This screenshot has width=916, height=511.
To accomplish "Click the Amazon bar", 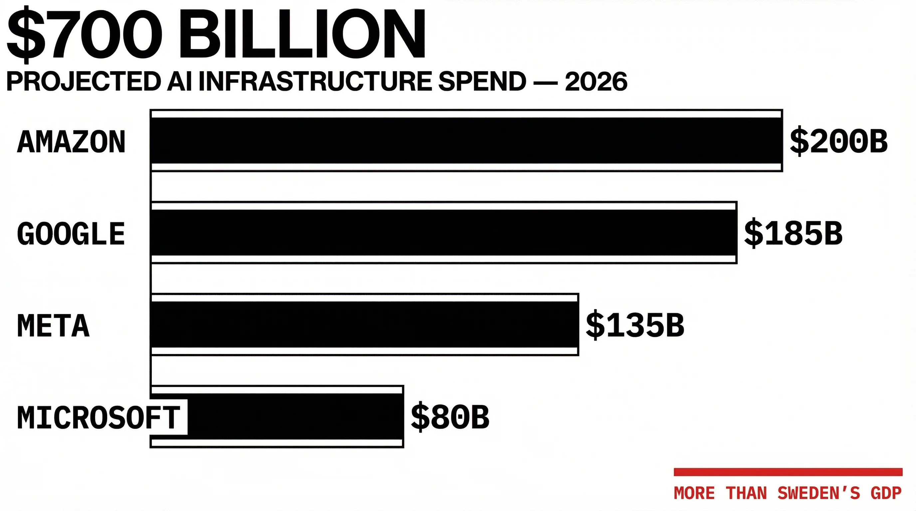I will (x=466, y=141).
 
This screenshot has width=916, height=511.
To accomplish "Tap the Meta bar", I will (x=364, y=324).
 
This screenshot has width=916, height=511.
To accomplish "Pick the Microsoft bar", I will (x=295, y=417).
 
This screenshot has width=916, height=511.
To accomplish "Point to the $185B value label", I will (x=793, y=234).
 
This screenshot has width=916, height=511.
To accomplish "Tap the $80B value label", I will (x=450, y=417).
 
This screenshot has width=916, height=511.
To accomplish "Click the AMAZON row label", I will (x=71, y=142).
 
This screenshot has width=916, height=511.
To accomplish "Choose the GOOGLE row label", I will (x=71, y=234).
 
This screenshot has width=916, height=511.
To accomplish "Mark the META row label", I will (x=53, y=325).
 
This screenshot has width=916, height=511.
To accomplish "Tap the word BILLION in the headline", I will (x=302, y=34).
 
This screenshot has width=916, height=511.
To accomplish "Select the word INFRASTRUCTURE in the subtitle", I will (x=317, y=82).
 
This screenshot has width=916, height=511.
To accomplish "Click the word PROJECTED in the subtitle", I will (x=84, y=82).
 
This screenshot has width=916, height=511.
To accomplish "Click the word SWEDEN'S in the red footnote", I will (x=818, y=493).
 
